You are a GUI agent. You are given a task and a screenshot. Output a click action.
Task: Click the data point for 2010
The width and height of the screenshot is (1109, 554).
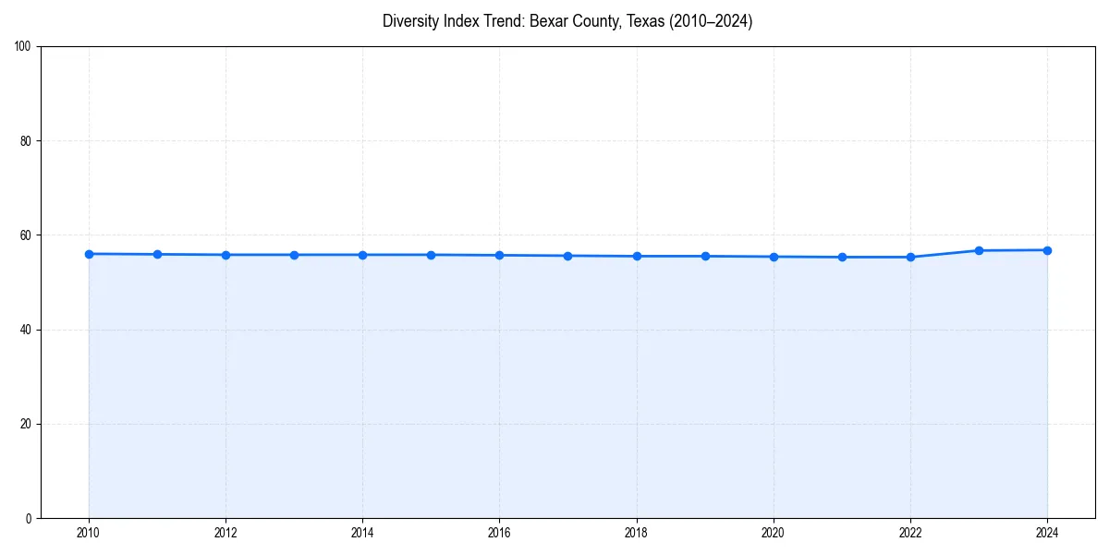(89, 254)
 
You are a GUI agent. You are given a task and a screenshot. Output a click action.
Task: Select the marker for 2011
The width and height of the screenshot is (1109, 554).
(157, 254)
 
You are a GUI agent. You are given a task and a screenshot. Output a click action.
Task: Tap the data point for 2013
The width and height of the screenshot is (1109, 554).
(294, 255)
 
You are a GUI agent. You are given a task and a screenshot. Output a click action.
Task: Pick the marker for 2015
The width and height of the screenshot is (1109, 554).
(431, 255)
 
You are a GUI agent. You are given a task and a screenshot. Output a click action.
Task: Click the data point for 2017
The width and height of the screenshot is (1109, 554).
(567, 256)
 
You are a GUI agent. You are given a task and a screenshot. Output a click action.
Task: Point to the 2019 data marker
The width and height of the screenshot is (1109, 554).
(705, 256)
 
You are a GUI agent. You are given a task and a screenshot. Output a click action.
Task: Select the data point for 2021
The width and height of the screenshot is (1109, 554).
(842, 257)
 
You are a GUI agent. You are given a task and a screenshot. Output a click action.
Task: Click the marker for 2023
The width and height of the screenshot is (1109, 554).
(979, 250)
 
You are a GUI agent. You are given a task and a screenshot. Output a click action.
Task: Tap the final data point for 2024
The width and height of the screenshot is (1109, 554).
(1047, 250)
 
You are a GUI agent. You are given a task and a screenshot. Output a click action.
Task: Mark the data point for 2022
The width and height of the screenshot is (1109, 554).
(910, 257)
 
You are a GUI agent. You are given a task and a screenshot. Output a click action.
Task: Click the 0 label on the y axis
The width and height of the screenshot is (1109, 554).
(30, 518)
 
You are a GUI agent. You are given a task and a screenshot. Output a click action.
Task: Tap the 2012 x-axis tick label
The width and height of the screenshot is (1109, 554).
(225, 533)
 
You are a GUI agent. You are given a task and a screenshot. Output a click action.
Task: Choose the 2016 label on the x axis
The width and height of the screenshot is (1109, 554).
(499, 533)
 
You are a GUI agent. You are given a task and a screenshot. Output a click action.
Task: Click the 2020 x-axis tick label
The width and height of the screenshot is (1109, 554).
(774, 533)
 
